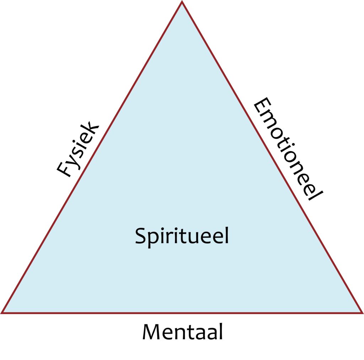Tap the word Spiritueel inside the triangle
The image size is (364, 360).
[182, 236]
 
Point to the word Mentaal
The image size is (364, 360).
[182, 332]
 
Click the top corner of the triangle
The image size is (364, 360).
[182, 2]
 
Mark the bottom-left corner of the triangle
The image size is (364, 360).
[2, 313]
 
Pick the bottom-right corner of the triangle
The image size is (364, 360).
[362, 313]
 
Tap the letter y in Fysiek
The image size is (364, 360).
[73, 161]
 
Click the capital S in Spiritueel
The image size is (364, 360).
[141, 236]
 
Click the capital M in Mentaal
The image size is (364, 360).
[151, 332]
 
